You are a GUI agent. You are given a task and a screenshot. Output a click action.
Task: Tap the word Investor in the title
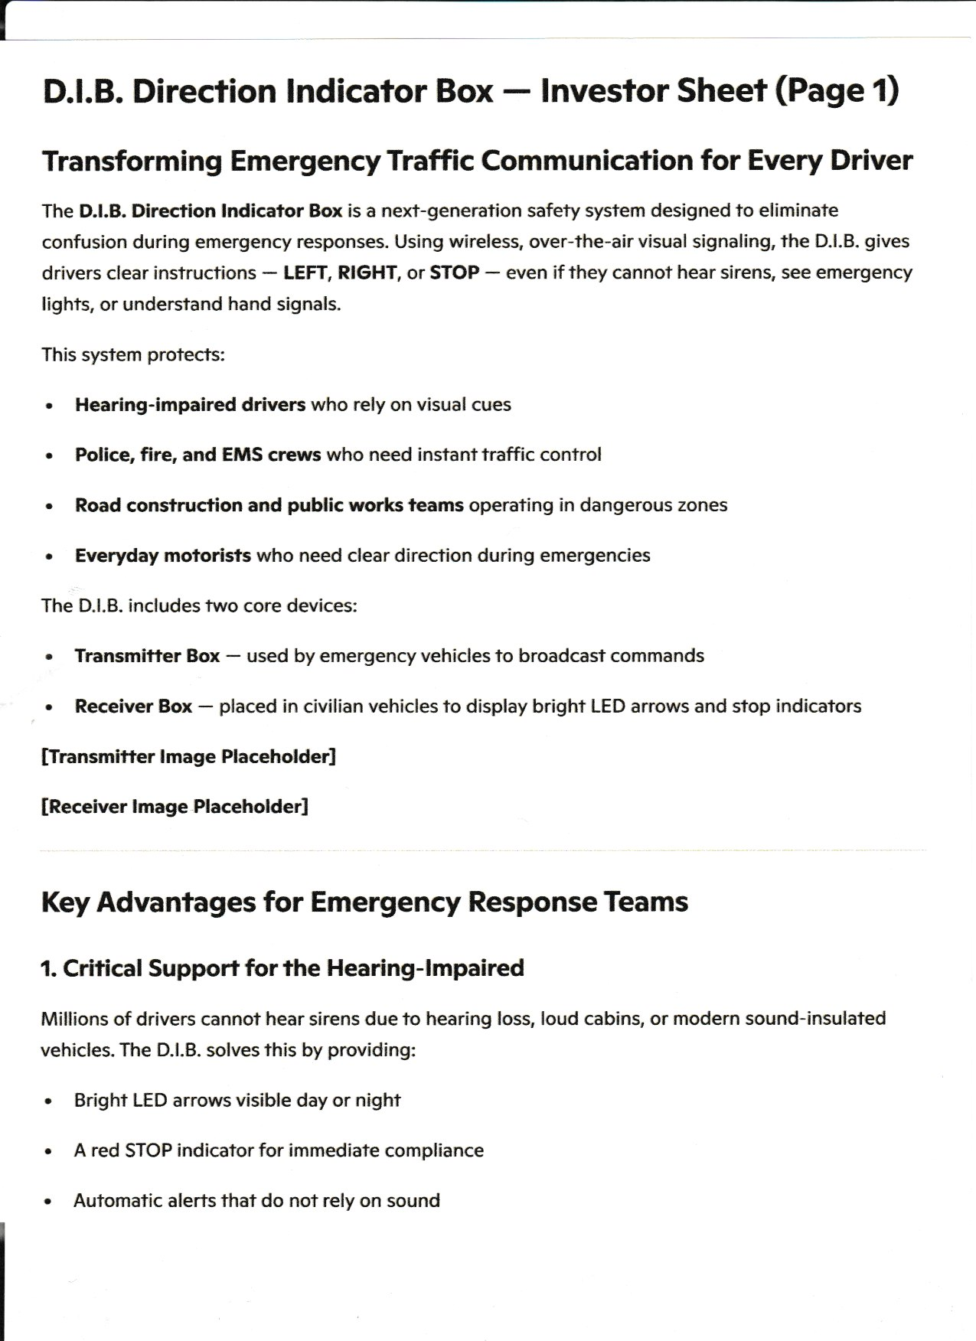[596, 92]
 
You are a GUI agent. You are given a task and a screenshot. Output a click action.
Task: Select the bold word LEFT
[305, 273]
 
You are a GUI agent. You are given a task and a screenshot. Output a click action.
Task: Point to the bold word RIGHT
[367, 273]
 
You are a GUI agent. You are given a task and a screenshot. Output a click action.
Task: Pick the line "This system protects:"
[133, 355]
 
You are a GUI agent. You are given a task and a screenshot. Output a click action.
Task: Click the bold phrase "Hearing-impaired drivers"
[190, 405]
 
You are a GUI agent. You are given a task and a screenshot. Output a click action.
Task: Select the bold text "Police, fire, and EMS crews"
[197, 455]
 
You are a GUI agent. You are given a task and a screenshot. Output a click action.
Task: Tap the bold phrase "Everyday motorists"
[162, 556]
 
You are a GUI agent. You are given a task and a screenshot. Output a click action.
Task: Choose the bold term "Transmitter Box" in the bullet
[147, 656]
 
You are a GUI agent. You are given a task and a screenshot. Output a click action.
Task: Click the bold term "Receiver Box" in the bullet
[133, 706]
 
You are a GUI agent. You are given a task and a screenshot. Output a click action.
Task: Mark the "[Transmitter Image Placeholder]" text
[188, 757]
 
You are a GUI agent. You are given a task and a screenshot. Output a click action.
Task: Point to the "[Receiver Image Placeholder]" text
[175, 807]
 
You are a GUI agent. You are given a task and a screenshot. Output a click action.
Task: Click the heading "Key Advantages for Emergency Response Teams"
[364, 902]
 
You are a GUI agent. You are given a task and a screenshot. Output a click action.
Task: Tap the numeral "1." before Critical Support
[48, 969]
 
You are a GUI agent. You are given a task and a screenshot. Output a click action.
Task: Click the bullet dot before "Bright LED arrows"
[49, 1101]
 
